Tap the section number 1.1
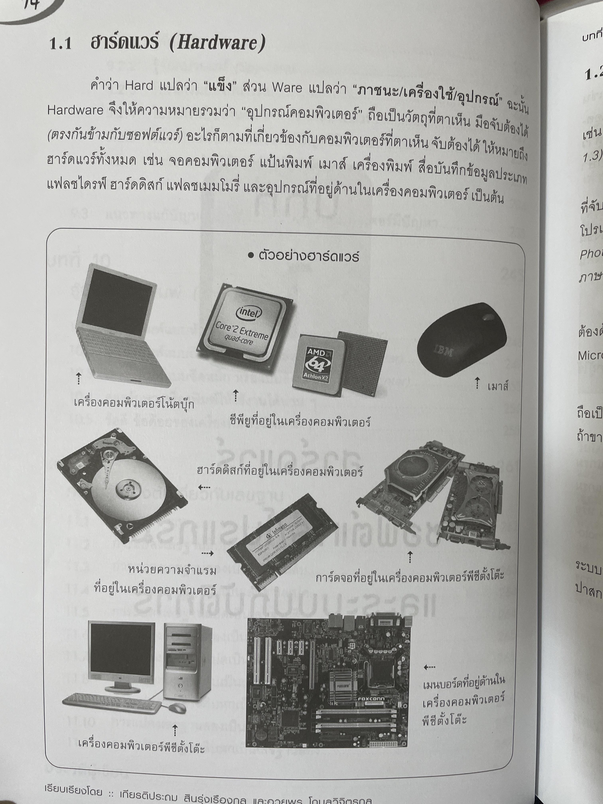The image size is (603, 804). (x=60, y=44)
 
